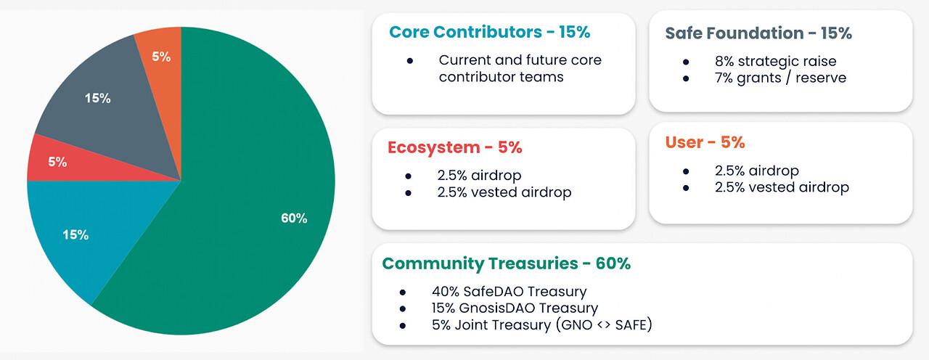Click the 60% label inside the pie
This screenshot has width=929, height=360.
[294, 218]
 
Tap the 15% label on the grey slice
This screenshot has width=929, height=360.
[97, 98]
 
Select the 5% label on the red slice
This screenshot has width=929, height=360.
[58, 162]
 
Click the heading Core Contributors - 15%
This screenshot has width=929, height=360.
[489, 32]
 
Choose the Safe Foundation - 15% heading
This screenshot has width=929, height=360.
[758, 33]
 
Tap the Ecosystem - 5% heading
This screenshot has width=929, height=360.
[454, 147]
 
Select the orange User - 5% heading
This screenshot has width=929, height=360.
[705, 142]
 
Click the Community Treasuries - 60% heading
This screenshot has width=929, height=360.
[506, 263]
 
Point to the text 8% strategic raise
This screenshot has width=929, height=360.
[775, 61]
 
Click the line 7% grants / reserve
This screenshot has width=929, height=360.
[780, 77]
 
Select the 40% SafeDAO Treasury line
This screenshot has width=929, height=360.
[509, 292]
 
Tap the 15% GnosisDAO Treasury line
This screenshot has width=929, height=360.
[515, 308]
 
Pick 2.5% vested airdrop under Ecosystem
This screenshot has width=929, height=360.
[504, 192]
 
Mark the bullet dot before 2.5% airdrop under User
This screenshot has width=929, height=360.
[686, 171]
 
